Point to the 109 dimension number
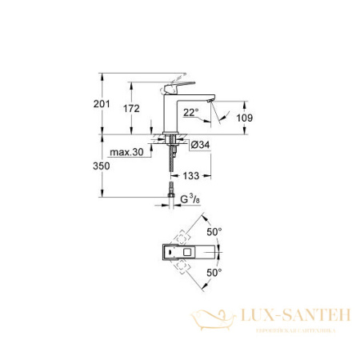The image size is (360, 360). pyautogui.click(x=246, y=118)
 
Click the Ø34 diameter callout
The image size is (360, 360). pyautogui.click(x=200, y=144)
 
